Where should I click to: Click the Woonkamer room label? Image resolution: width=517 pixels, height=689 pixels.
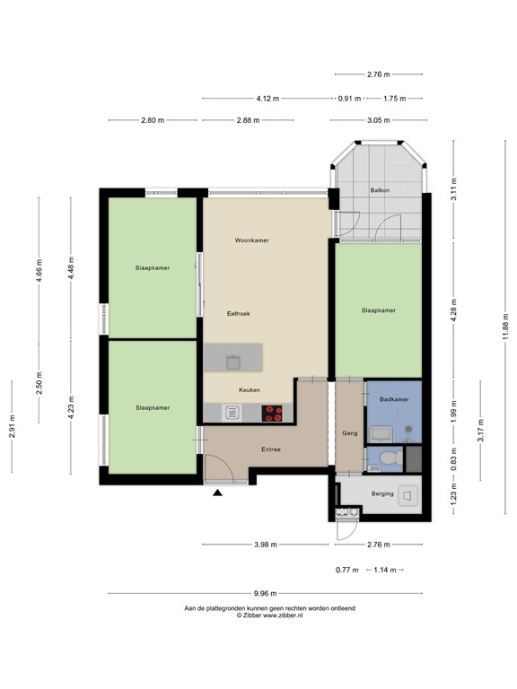click(252, 240)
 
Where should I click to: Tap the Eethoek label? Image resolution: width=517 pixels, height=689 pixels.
click(239, 314)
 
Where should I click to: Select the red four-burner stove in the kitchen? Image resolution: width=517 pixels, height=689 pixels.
click(272, 414)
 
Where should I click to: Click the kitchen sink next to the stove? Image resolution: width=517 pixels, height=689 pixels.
click(232, 413)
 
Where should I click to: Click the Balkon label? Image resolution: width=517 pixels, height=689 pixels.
click(380, 190)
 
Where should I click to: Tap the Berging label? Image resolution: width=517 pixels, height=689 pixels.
click(382, 494)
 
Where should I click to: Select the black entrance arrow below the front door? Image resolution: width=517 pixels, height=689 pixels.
click(217, 493)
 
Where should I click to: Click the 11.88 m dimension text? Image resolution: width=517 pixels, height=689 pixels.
click(506, 326)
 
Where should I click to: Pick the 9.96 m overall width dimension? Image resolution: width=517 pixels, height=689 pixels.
click(265, 594)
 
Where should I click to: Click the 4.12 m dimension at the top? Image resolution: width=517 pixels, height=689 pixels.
click(267, 99)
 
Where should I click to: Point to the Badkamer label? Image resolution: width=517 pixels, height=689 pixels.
click(394, 399)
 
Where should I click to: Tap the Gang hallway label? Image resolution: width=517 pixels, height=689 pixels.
click(350, 433)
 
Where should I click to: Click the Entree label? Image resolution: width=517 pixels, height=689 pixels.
click(271, 449)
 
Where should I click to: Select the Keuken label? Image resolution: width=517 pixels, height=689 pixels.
click(250, 389)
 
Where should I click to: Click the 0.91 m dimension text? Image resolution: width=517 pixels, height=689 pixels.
click(349, 99)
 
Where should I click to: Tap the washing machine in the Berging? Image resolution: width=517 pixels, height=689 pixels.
click(407, 495)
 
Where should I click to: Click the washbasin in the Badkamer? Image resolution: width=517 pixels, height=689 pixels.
click(380, 434)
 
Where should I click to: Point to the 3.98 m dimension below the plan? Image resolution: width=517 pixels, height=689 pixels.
click(266, 545)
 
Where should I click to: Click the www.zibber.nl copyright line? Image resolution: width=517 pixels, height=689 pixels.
click(269, 615)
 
